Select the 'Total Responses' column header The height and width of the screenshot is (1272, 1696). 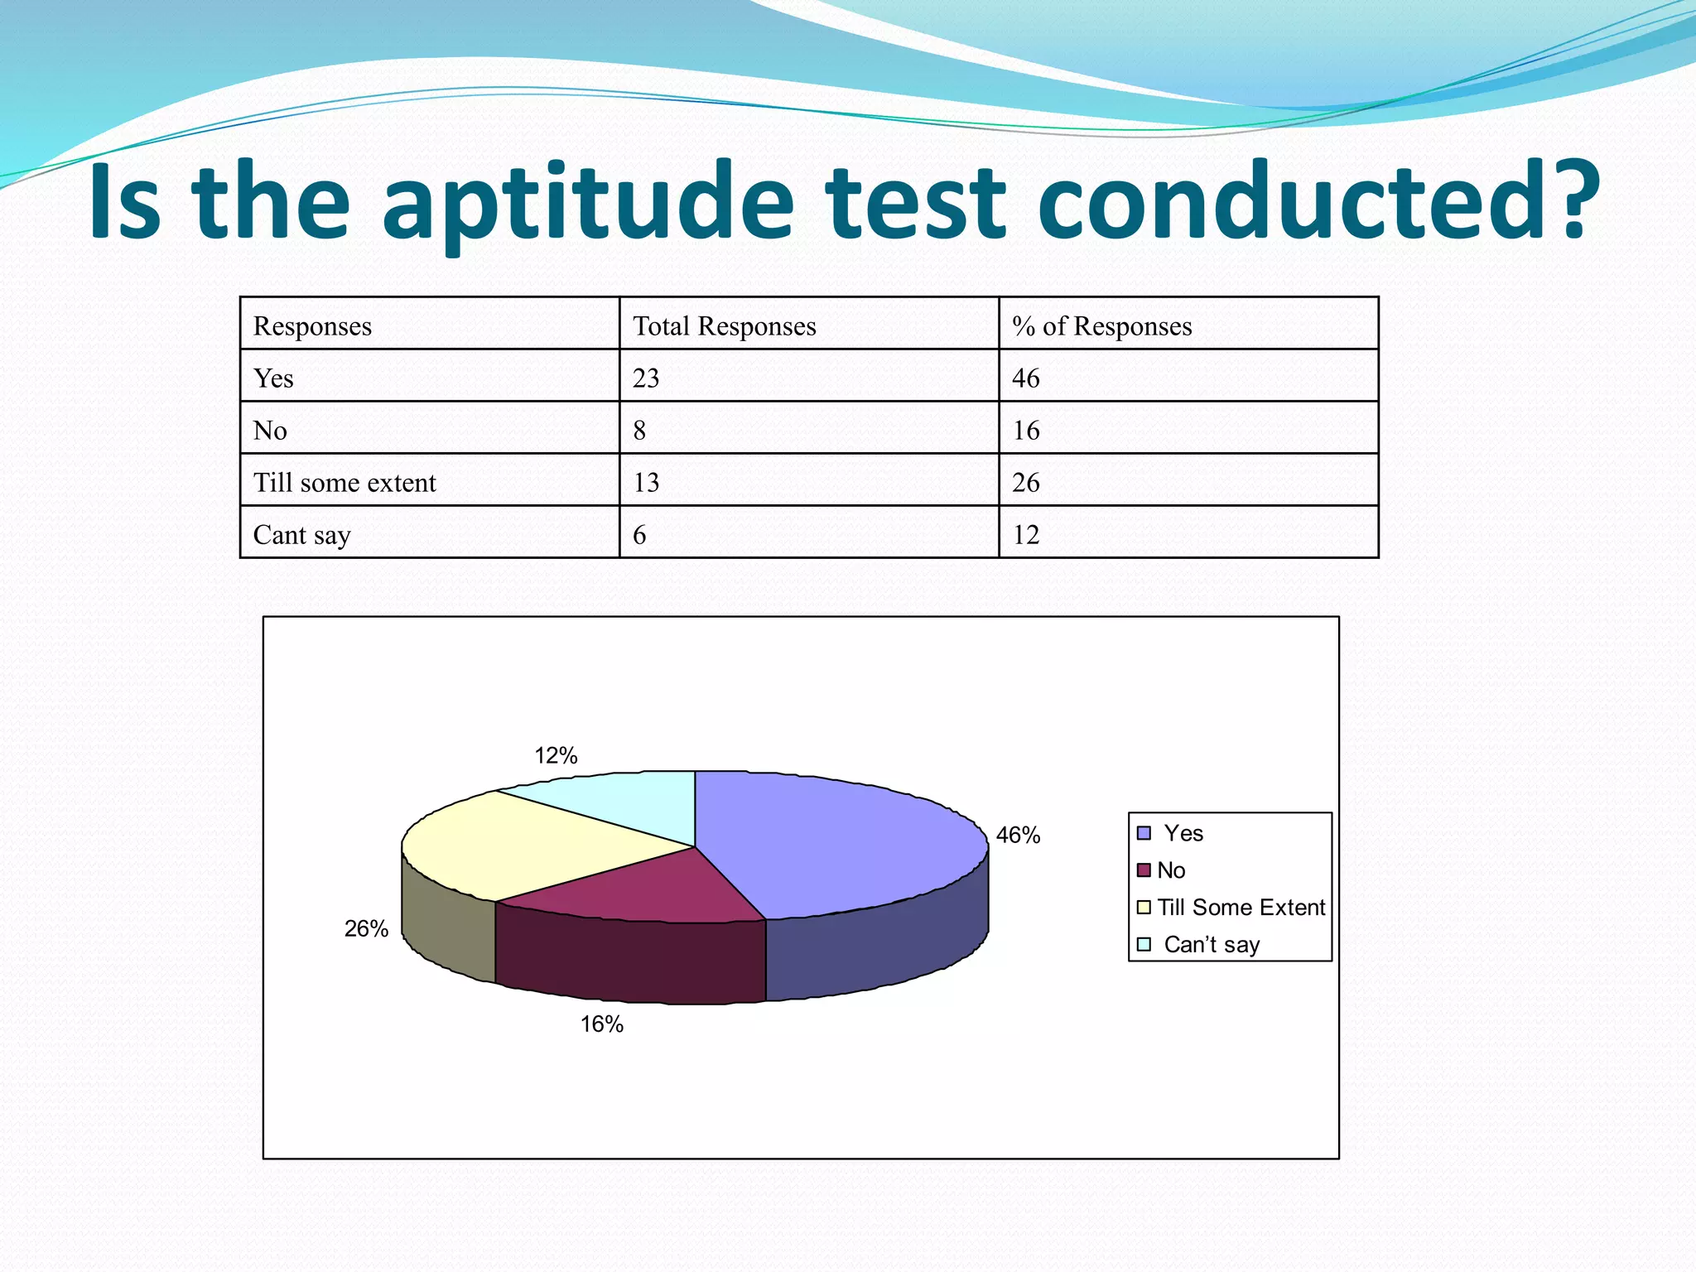coord(724,326)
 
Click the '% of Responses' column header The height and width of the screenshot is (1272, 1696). coord(1101,326)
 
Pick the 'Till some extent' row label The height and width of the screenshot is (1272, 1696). coord(344,483)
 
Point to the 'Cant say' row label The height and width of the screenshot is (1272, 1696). coord(301,535)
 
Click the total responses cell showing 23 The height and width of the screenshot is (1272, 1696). coord(646,378)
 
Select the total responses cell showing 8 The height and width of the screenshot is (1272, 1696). coord(639,431)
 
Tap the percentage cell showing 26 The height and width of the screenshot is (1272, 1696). coord(1025,483)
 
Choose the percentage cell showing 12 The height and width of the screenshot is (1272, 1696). coord(1025,535)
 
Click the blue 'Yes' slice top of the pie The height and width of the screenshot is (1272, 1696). coord(836,836)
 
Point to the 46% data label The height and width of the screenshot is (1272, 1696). coord(1018,835)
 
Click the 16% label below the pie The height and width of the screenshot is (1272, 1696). coord(601,1024)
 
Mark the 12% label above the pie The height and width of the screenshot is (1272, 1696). coord(556,755)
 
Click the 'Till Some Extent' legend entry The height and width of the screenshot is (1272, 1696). coord(1241,908)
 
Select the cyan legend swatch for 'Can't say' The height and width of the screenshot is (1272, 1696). coord(1144,944)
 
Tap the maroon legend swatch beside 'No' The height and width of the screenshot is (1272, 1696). coord(1144,870)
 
